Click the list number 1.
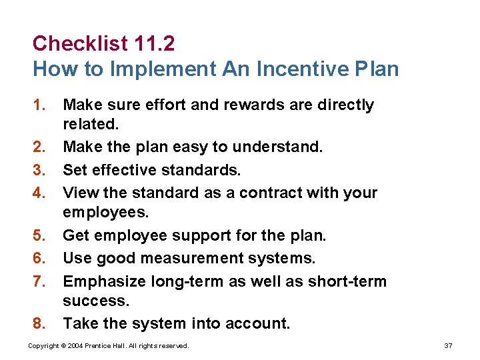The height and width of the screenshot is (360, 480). pyautogui.click(x=39, y=105)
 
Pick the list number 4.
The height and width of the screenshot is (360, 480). pyautogui.click(x=39, y=193)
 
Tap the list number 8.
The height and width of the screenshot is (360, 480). pyautogui.click(x=39, y=324)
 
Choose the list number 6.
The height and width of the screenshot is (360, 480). pyautogui.click(x=39, y=259)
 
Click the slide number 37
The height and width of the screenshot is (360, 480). pyautogui.click(x=448, y=346)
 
